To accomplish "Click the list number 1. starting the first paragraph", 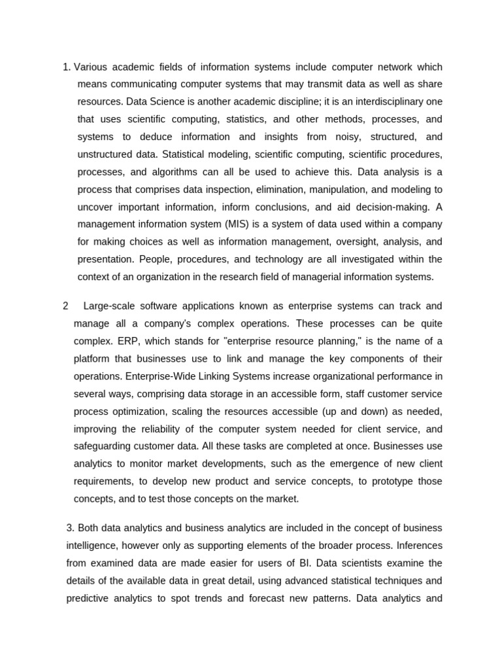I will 67,67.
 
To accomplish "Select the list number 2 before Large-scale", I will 65,306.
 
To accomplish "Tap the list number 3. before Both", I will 71,527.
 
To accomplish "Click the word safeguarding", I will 105,446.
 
